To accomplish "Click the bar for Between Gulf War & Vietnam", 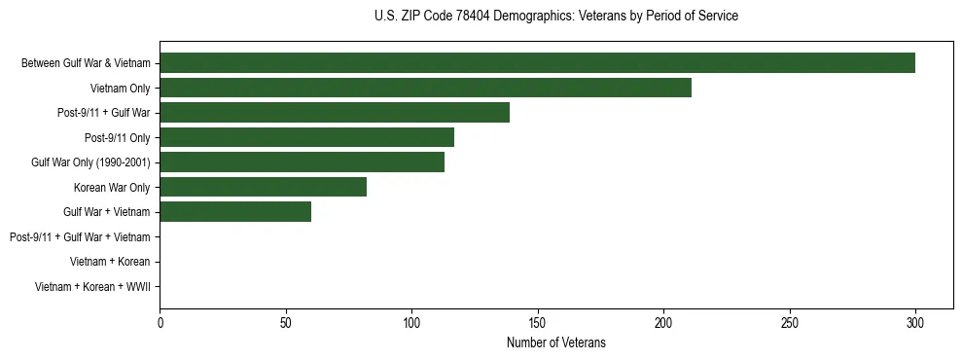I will pos(537,63).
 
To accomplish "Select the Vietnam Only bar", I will pos(425,88).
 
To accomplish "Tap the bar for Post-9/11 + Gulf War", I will pos(335,113).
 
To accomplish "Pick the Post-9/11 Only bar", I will pos(306,137).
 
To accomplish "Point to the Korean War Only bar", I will pos(263,187).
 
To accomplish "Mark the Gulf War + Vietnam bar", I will pos(235,212).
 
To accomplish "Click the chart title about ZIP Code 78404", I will pos(555,17).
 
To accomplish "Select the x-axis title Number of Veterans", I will pos(555,342).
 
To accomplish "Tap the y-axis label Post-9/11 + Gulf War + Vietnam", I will pos(80,237).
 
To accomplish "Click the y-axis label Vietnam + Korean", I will pos(110,262).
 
